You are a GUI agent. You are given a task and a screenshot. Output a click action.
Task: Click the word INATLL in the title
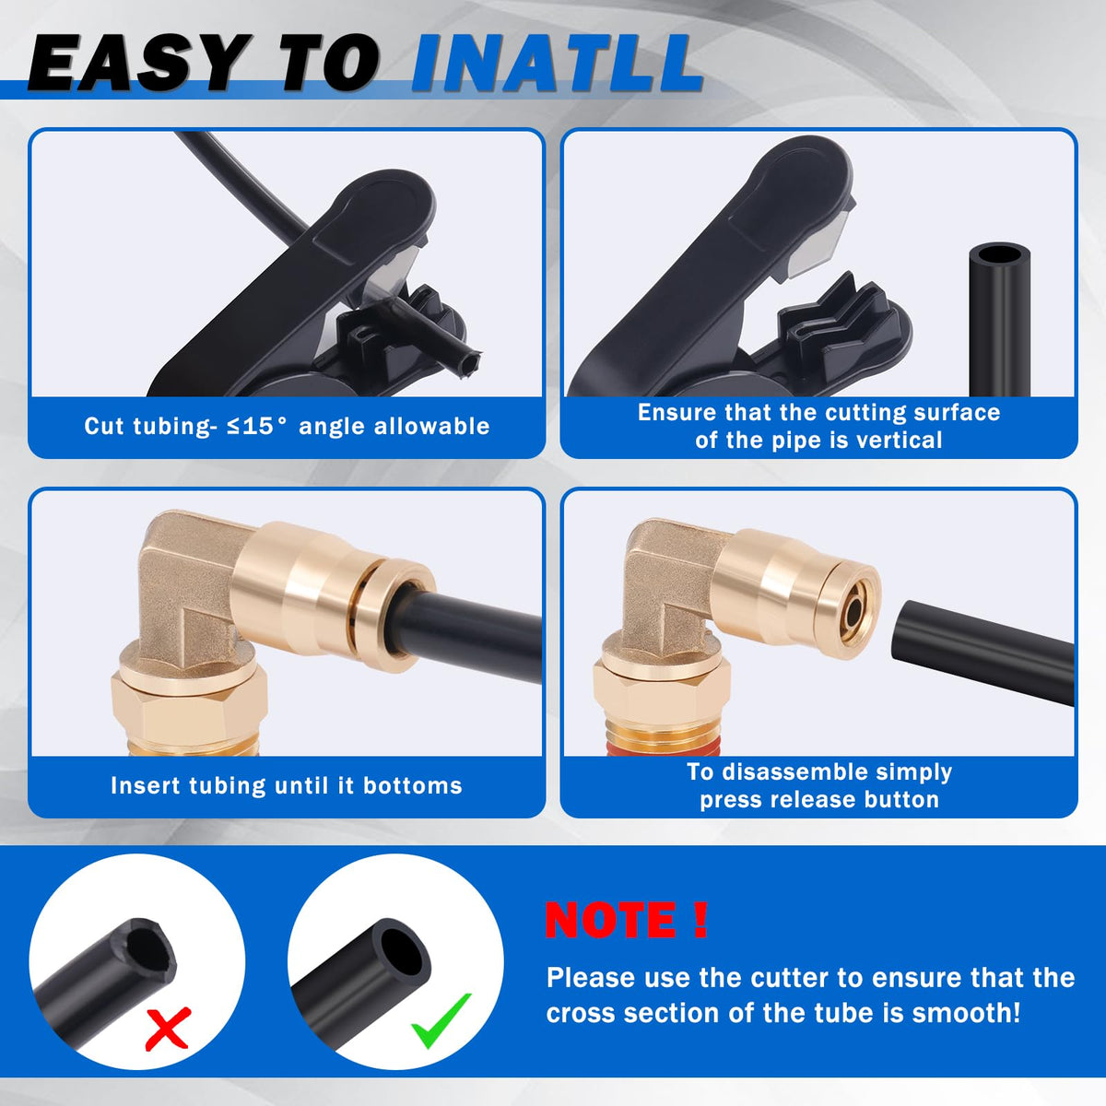(557, 64)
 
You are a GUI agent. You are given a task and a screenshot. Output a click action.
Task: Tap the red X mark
(168, 1029)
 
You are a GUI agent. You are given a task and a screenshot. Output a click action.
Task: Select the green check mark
(441, 1020)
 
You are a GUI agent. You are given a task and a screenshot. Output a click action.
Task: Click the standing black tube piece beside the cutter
(999, 319)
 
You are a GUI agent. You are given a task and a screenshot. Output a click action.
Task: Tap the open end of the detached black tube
(902, 630)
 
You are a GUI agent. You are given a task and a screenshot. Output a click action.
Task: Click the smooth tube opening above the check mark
(404, 947)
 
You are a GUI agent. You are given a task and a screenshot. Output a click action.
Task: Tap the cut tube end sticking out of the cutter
(468, 361)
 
